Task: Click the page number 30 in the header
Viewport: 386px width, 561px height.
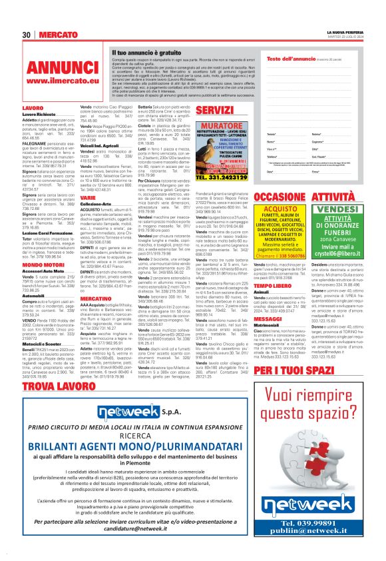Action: coord(27,34)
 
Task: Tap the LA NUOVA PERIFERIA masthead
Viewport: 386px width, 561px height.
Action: coord(345,31)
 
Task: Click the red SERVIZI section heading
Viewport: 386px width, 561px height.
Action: coord(215,109)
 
